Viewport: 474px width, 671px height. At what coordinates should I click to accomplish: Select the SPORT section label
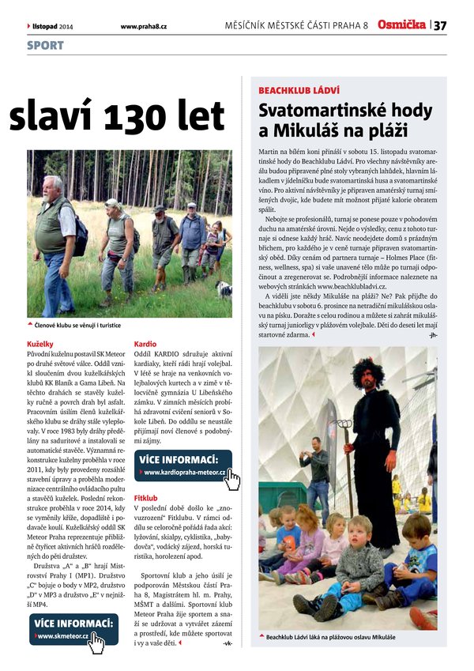(45, 46)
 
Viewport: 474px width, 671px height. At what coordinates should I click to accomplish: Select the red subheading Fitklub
(148, 499)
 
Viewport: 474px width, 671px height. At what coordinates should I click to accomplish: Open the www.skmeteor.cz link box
(73, 628)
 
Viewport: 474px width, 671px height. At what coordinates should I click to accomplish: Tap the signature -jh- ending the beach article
(432, 335)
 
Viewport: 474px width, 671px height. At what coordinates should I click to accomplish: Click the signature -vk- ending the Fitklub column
(228, 643)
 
